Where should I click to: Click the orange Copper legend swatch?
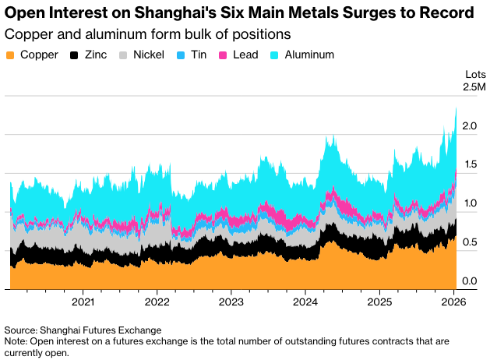[10, 55]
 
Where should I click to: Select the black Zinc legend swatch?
[75, 55]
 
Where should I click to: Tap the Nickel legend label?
[148, 55]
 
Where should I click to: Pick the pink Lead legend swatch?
[223, 55]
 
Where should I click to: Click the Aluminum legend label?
[309, 55]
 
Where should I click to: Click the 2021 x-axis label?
[83, 302]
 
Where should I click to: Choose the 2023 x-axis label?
[231, 302]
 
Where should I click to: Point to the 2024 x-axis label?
[305, 302]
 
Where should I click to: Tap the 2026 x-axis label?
[453, 302]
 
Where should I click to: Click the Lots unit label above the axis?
[475, 74]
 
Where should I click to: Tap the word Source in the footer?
[22, 330]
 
